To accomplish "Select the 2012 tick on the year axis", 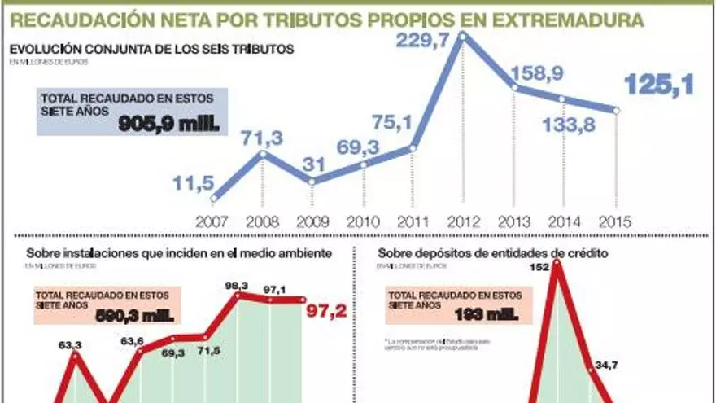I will click(x=463, y=221).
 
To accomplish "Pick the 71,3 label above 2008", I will click(x=261, y=138).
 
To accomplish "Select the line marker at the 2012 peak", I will click(x=463, y=35).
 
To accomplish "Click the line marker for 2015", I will click(x=616, y=110).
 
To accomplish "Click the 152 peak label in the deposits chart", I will click(x=539, y=267).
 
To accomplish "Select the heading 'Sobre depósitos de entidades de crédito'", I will click(x=493, y=253).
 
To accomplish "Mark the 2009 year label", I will click(x=312, y=221).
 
